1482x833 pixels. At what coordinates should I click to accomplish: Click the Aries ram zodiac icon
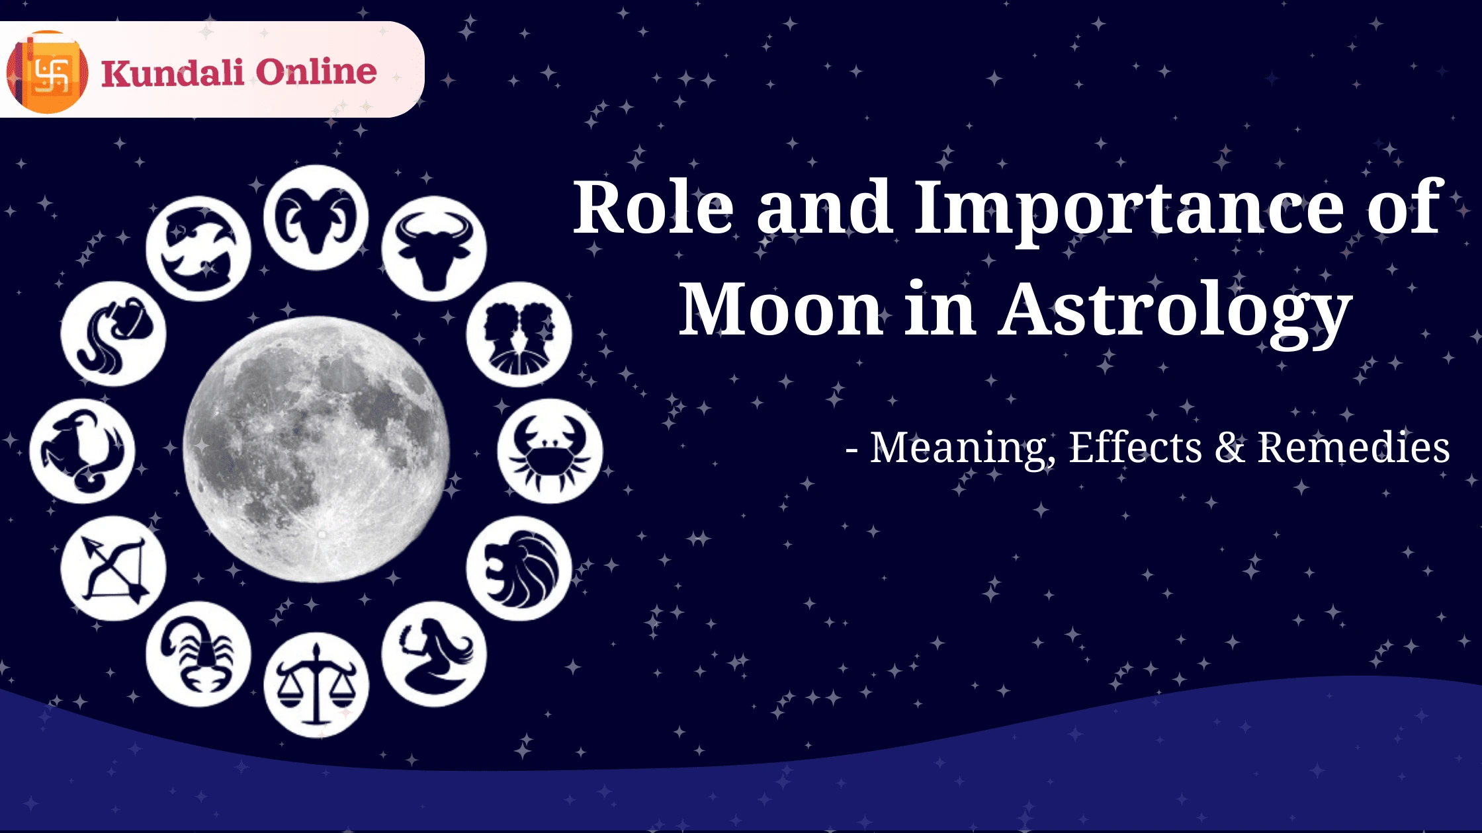click(x=316, y=218)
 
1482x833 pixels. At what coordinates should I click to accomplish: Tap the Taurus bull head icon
click(x=434, y=249)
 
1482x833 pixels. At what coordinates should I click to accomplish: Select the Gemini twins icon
click(x=519, y=335)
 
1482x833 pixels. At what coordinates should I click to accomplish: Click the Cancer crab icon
click(x=550, y=451)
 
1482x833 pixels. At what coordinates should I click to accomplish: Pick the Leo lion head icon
click(x=519, y=569)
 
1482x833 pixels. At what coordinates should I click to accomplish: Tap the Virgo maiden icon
click(x=434, y=654)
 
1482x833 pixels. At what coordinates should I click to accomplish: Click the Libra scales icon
click(x=316, y=686)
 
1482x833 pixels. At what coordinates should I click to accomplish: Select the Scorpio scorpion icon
click(x=198, y=654)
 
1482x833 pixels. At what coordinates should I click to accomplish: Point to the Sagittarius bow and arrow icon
click(x=113, y=569)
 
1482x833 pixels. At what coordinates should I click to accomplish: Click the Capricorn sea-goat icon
click(x=82, y=451)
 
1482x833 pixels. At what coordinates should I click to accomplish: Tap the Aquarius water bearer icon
click(x=113, y=335)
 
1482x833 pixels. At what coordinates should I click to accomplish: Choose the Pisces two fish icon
click(x=198, y=249)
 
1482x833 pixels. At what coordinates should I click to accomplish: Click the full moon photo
click(x=316, y=450)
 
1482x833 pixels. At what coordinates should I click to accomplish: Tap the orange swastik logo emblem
click(x=48, y=72)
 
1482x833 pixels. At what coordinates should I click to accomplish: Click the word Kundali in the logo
click(x=173, y=73)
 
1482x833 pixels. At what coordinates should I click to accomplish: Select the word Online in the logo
click(x=316, y=71)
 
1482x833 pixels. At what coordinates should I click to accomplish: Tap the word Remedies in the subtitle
click(x=1353, y=448)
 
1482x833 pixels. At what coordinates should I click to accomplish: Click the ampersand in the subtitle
click(x=1229, y=448)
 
